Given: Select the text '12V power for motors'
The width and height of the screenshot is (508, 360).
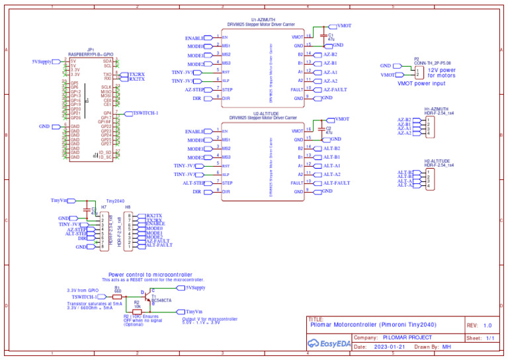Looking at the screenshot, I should (441, 73).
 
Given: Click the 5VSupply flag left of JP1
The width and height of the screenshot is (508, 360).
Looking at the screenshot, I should (42, 61).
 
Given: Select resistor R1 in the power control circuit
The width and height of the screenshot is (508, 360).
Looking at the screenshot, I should (118, 296).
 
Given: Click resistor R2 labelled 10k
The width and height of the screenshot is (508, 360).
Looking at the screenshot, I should (137, 311).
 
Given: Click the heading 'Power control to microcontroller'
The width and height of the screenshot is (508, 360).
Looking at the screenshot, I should (150, 274).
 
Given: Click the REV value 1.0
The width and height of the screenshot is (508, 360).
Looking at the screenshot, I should (487, 325).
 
